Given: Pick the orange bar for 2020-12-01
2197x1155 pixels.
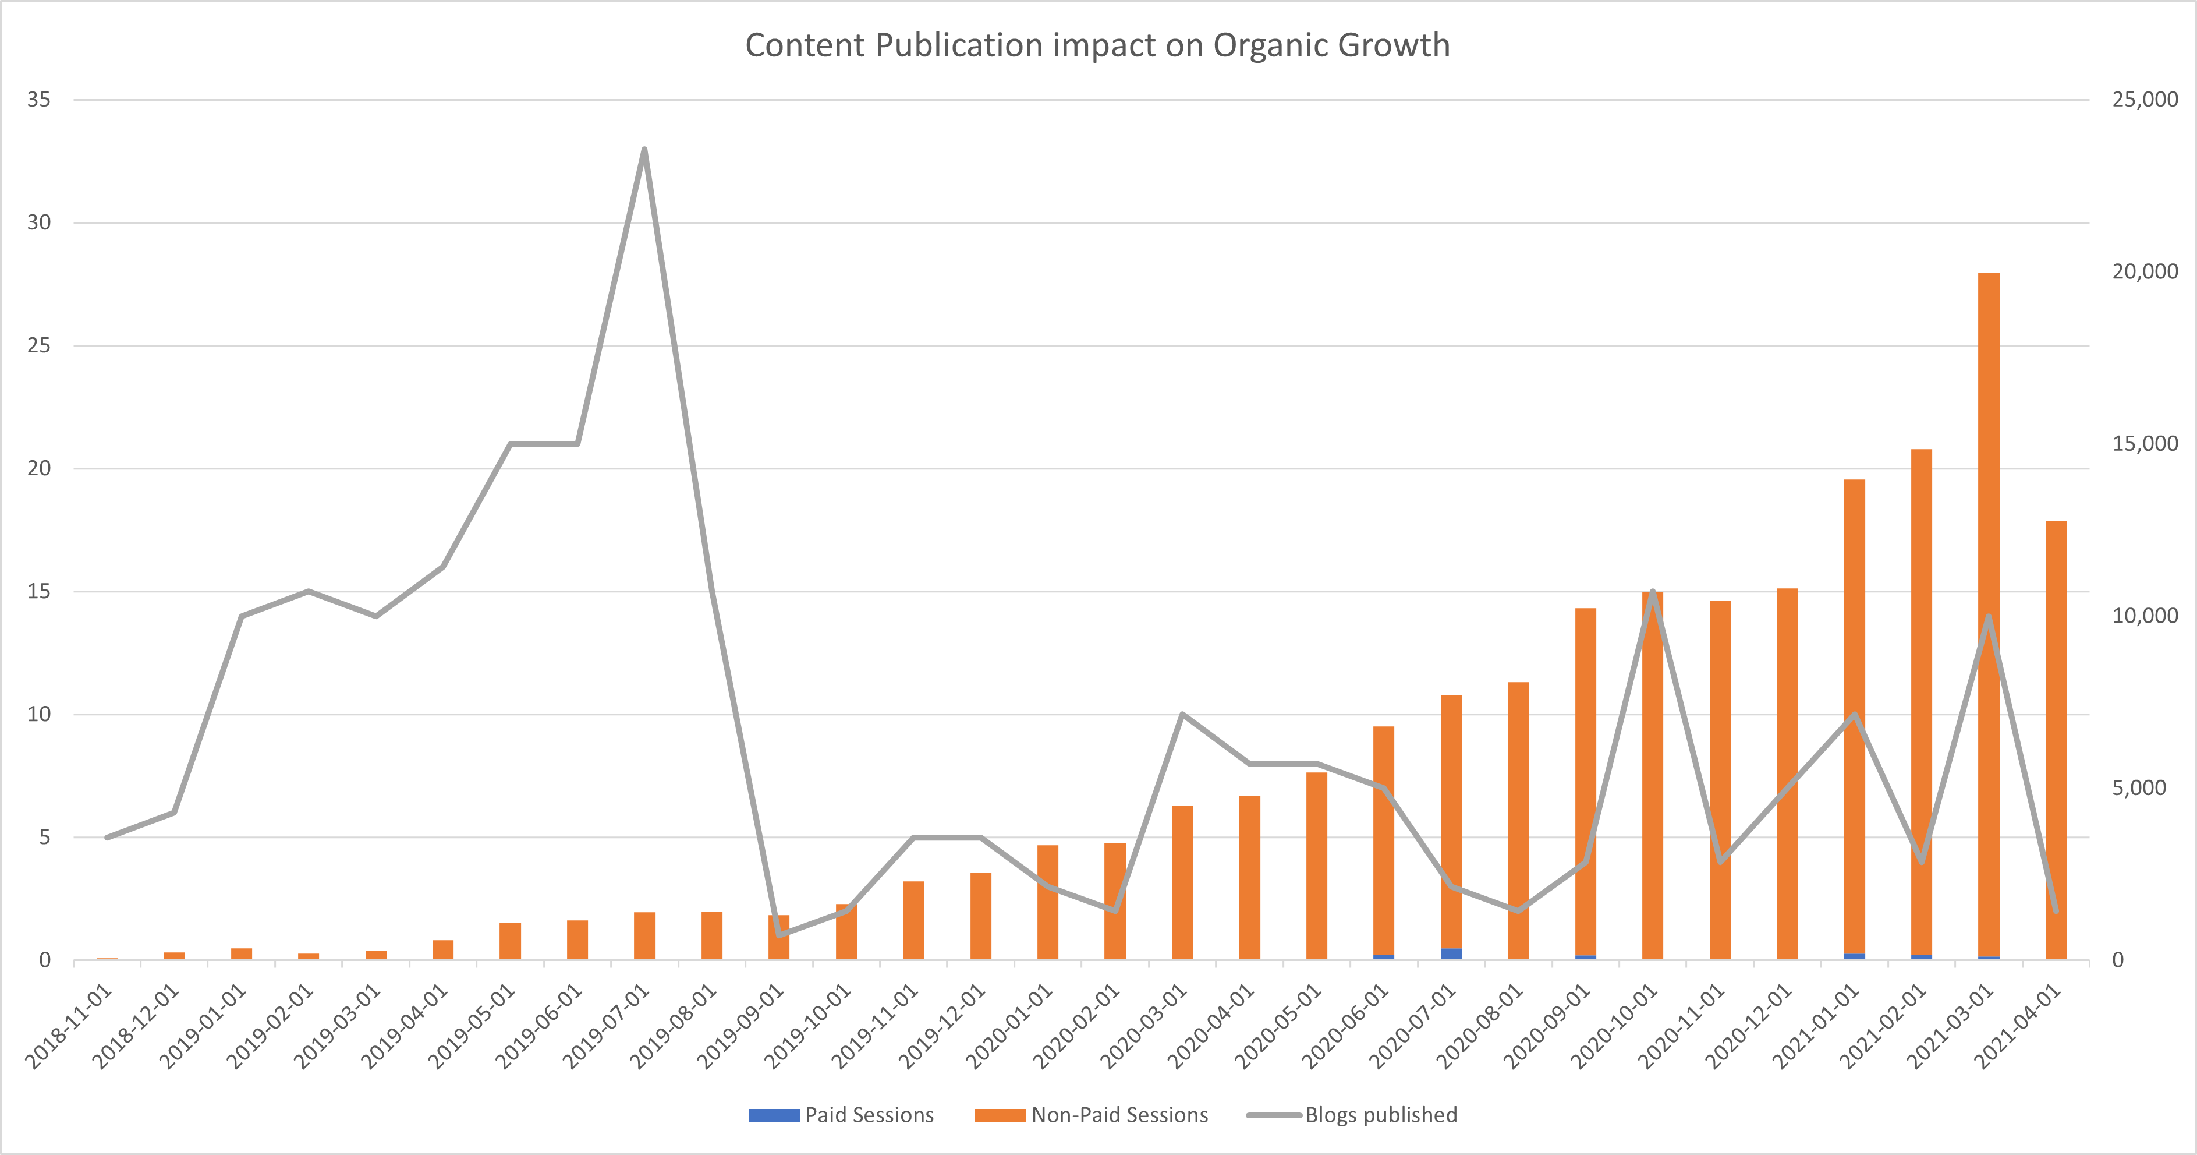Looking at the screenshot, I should click(1787, 768).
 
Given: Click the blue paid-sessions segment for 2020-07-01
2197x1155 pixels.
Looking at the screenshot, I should click(1451, 953).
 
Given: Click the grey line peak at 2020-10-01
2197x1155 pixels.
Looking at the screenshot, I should click(1653, 591).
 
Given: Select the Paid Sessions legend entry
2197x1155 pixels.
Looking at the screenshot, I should click(841, 1115).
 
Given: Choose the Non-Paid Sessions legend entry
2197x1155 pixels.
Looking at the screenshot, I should click(1092, 1115).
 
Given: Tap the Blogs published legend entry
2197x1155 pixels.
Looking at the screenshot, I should click(1352, 1115).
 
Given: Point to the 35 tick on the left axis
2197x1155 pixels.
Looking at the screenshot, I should click(38, 100).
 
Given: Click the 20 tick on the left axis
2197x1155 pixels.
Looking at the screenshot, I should click(38, 468).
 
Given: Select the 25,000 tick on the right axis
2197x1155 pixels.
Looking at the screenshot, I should click(2144, 100).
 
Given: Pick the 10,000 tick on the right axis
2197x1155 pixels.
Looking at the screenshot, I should click(2144, 616).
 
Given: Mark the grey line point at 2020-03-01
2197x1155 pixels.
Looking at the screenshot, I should click(1182, 714).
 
